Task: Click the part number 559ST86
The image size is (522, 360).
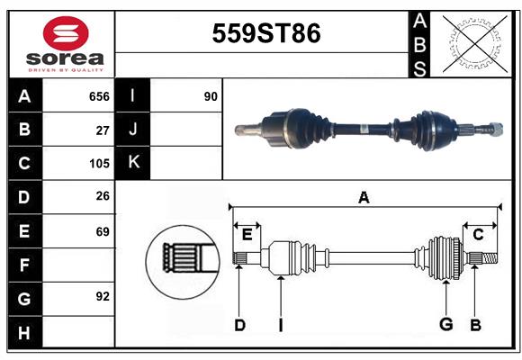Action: coord(265,33)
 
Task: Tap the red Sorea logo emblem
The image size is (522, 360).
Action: coord(66,35)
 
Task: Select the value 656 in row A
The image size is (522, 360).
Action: coord(98,96)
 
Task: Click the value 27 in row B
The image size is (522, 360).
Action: coord(102,130)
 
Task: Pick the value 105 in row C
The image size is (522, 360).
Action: coord(98,164)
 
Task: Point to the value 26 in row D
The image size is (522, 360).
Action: coord(102,197)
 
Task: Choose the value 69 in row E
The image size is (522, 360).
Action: coord(102,231)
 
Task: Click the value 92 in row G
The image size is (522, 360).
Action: coord(102,296)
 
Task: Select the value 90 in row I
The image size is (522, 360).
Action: coord(211,96)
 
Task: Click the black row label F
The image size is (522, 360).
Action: coord(24,265)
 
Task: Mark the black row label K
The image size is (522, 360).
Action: coord(133,163)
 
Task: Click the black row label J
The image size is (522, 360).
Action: coord(133,130)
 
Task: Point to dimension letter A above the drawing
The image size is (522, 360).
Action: coord(364,198)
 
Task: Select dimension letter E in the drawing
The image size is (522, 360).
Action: coord(247,235)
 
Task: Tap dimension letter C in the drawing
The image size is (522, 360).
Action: coord(479,235)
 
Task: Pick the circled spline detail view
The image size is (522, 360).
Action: coord(183,260)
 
